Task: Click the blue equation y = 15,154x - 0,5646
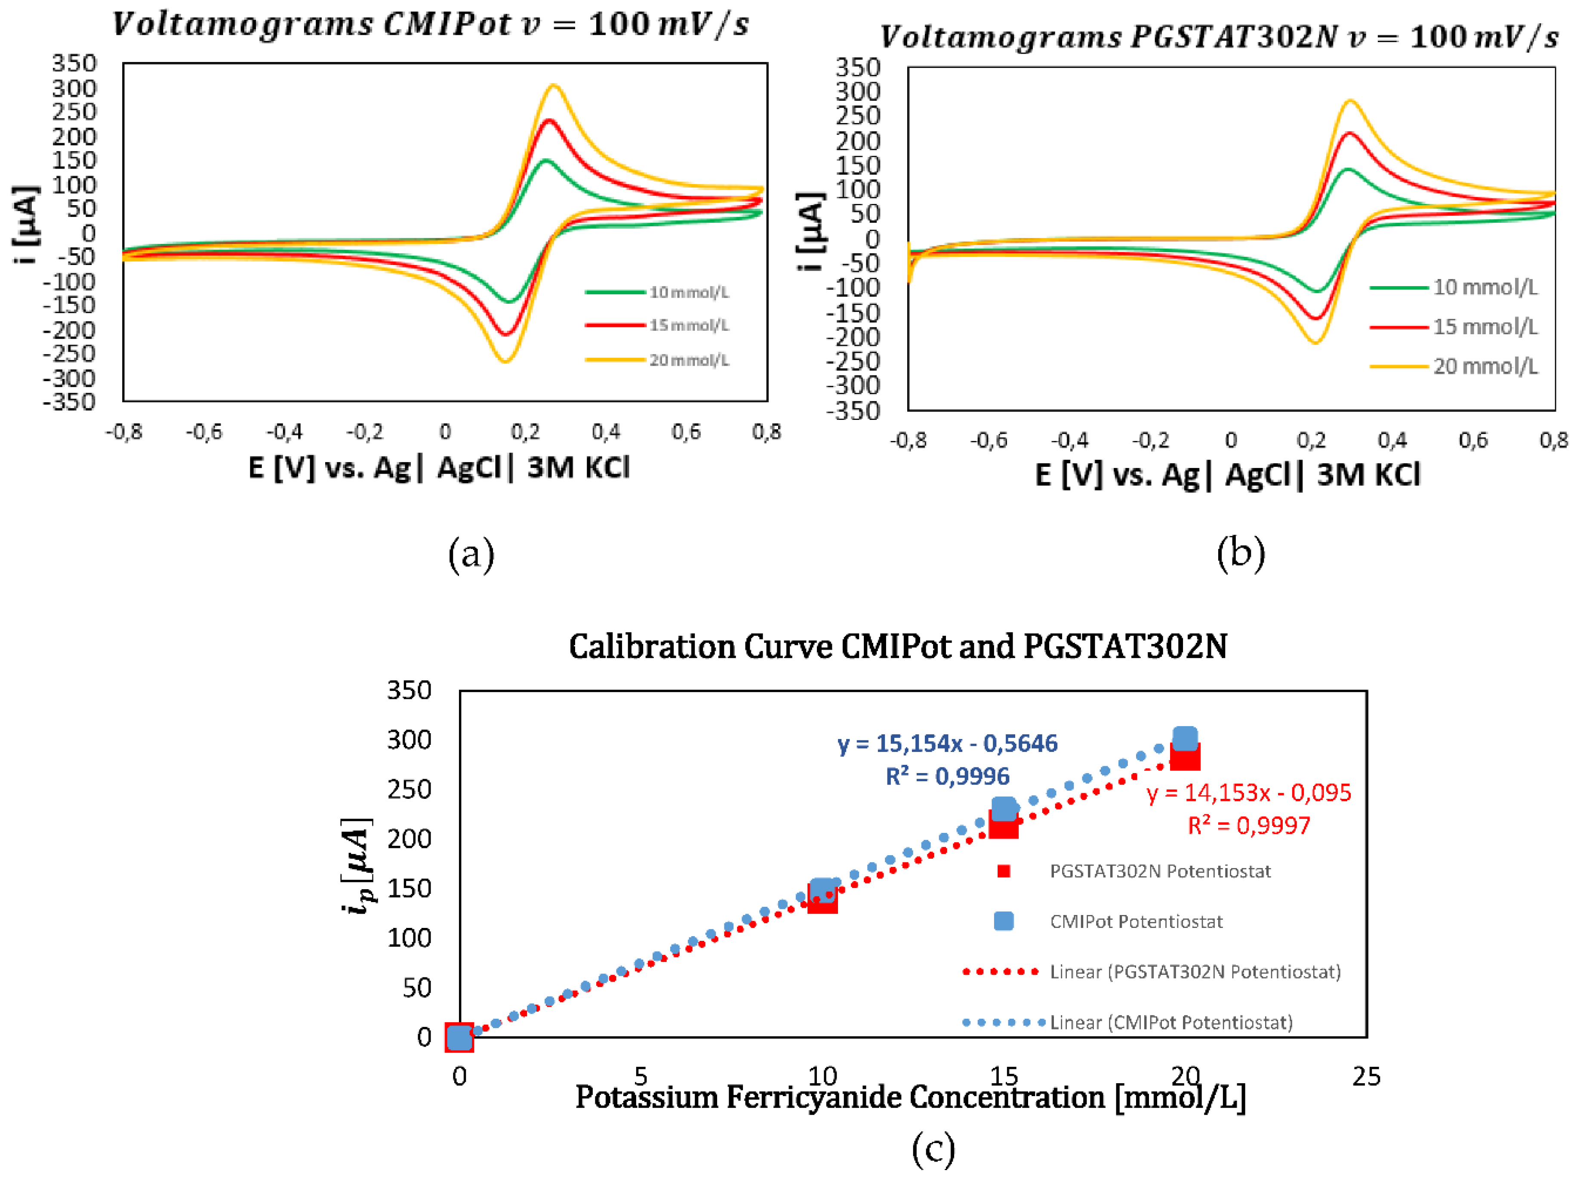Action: point(947,743)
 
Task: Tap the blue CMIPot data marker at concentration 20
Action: point(1185,739)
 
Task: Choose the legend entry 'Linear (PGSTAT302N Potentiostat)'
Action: point(1195,972)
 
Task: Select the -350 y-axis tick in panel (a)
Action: point(69,403)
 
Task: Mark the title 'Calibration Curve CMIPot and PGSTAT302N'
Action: point(897,646)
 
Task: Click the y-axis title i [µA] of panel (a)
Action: point(26,225)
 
